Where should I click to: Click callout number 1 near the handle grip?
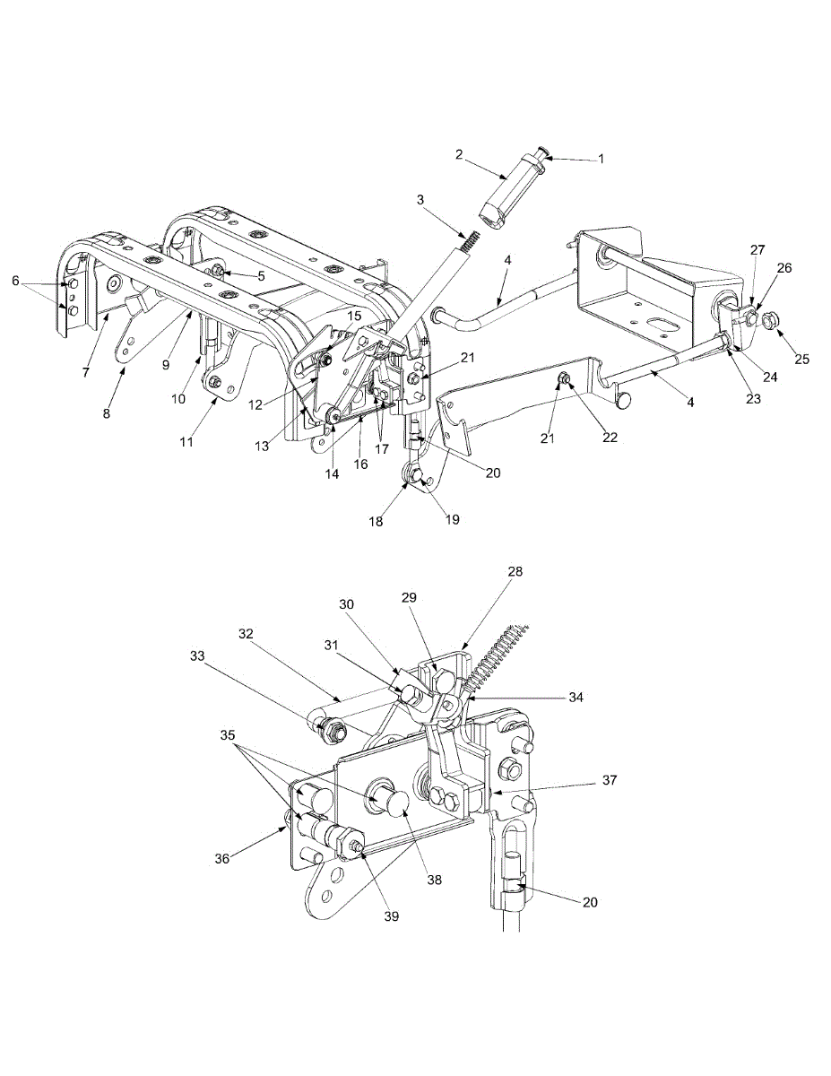601,160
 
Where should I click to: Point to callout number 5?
261,276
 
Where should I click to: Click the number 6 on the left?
14,281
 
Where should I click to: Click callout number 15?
354,316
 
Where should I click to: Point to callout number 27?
758,250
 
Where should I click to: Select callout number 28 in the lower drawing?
515,571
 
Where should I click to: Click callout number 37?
609,781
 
